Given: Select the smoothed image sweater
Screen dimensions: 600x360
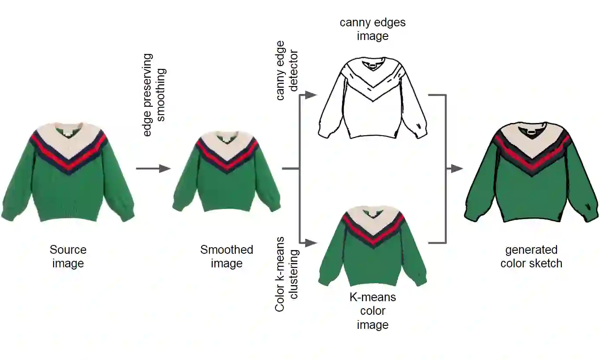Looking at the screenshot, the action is coord(227,173).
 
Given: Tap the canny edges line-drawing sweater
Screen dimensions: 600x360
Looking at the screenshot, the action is coord(372,101).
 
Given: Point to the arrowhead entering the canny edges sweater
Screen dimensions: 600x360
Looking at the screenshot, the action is coord(311,95).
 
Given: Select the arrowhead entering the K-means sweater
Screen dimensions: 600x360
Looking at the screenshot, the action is coord(311,242).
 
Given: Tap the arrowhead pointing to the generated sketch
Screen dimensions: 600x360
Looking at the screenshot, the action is coord(458,168).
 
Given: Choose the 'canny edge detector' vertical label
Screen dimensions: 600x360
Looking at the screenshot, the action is coord(287,70).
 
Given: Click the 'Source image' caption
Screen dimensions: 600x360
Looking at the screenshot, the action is coord(68,256).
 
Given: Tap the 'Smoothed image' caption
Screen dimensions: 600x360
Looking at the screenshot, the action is coord(227,256).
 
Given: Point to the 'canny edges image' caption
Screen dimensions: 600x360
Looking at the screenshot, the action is coord(372,29).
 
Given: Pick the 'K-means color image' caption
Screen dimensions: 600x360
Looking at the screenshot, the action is coord(372,311).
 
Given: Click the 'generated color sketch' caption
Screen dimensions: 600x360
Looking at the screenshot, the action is coord(531,256).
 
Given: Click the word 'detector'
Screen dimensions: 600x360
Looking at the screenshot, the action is coord(294,70).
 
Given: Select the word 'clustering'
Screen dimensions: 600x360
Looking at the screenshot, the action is coord(294,274).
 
